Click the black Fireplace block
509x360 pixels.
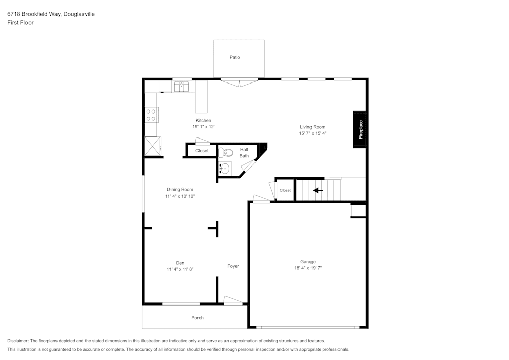click(x=360, y=129)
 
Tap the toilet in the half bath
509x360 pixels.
click(x=226, y=152)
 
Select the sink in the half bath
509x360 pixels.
click(x=224, y=168)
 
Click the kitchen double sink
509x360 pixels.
click(x=181, y=87)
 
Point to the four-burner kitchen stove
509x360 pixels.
click(x=151, y=115)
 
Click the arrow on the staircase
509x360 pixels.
click(x=318, y=190)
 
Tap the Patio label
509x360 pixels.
click(x=235, y=57)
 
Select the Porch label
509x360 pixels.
click(x=197, y=318)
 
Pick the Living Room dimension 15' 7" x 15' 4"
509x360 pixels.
click(x=313, y=133)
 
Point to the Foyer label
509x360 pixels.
click(x=233, y=266)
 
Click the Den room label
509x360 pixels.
click(x=180, y=263)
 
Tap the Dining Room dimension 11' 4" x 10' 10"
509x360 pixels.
click(x=180, y=196)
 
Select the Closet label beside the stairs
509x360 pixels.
click(x=285, y=190)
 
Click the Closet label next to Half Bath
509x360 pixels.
click(x=202, y=151)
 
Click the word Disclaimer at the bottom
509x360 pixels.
click(x=18, y=341)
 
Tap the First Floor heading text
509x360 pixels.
click(x=20, y=23)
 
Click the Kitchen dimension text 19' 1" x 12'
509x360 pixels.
click(x=204, y=127)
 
